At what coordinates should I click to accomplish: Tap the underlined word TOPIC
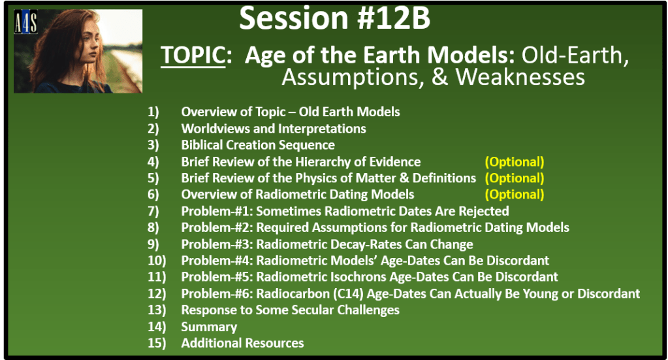pos(193,56)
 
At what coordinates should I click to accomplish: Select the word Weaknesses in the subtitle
pos(520,77)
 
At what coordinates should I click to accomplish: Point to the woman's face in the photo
pos(89,40)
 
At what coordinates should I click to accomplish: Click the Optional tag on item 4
pos(514,162)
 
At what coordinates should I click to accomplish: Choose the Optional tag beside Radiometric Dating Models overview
pos(514,194)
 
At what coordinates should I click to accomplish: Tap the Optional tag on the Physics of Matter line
pos(514,178)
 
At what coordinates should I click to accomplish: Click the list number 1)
pos(153,112)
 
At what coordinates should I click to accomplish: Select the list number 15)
pos(157,343)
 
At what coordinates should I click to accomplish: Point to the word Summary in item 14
pos(209,327)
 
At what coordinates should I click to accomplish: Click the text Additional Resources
pos(242,343)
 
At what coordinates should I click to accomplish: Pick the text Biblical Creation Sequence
pos(258,145)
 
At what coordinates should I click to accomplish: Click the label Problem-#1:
pos(217,211)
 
